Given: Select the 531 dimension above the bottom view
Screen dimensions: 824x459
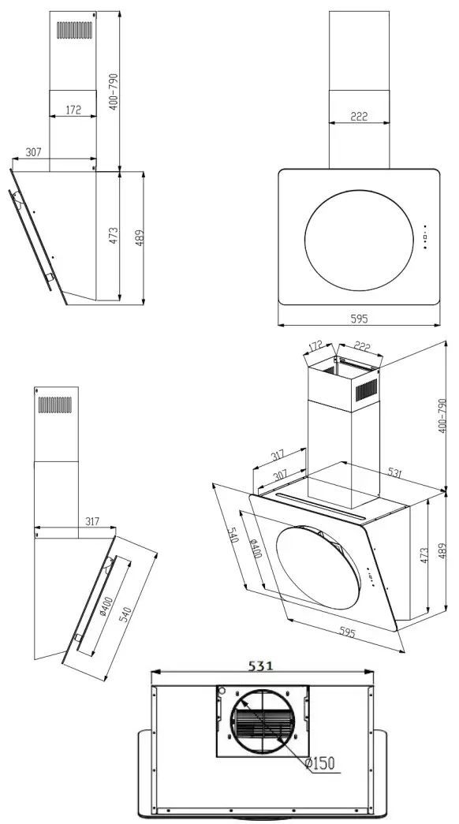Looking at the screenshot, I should click(261, 665).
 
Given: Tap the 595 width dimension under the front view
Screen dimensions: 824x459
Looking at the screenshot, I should click(359, 319).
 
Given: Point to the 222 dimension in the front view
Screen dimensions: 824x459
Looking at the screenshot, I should click(359, 117).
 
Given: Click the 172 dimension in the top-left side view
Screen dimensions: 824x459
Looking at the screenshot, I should click(73, 111).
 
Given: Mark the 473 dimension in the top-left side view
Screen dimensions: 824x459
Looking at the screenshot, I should click(114, 235).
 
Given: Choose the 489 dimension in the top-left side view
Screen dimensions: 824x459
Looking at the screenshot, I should click(140, 237).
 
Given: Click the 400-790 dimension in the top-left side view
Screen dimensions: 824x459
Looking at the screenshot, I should click(114, 91).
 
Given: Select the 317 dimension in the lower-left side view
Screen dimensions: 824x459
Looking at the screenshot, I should click(93, 522).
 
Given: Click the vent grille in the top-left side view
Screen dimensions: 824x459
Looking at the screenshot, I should click(75, 31).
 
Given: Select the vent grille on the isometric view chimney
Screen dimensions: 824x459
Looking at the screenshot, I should click(368, 390).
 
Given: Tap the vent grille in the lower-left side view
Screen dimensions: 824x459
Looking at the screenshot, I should click(55, 405).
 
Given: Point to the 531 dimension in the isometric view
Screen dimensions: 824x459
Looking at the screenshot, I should click(394, 473).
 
